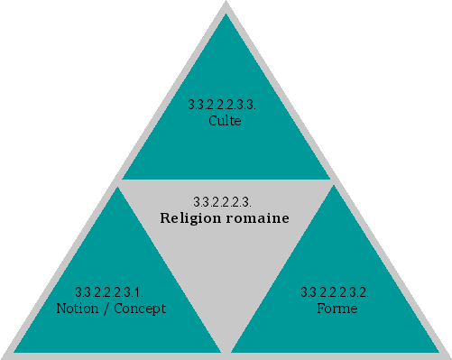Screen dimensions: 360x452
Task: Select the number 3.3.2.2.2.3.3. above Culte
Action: click(x=223, y=105)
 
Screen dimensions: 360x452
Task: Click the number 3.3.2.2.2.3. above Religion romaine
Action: click(x=222, y=200)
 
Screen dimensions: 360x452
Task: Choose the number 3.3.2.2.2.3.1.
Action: click(x=109, y=292)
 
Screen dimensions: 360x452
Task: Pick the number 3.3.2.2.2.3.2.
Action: click(x=335, y=292)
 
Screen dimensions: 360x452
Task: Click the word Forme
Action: click(x=337, y=309)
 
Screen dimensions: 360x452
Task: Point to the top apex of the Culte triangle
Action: click(x=226, y=11)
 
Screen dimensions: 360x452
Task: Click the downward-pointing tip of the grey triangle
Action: click(x=226, y=349)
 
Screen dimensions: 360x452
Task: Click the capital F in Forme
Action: click(x=320, y=309)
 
